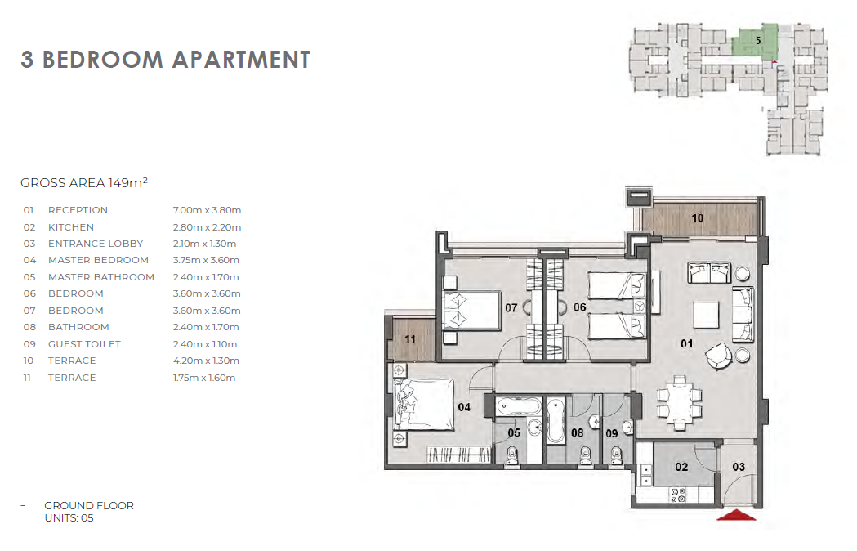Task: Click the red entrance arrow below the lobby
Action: click(736, 515)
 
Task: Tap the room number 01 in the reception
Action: click(686, 343)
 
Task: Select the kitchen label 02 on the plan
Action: click(681, 467)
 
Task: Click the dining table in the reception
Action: click(680, 403)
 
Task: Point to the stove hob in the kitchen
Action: click(678, 495)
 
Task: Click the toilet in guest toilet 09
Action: click(617, 456)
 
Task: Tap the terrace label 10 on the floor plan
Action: click(698, 218)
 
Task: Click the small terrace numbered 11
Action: click(411, 339)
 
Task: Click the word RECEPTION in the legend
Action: click(78, 210)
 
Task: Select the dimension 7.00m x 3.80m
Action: click(207, 210)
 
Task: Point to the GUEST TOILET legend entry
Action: click(84, 344)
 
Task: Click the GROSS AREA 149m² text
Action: click(83, 183)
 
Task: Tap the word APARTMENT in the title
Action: click(241, 60)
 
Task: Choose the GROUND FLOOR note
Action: click(89, 505)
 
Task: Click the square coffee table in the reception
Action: click(706, 315)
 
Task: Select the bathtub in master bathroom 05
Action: click(519, 408)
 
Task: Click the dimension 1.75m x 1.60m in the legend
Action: click(204, 378)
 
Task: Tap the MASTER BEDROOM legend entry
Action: click(98, 260)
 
